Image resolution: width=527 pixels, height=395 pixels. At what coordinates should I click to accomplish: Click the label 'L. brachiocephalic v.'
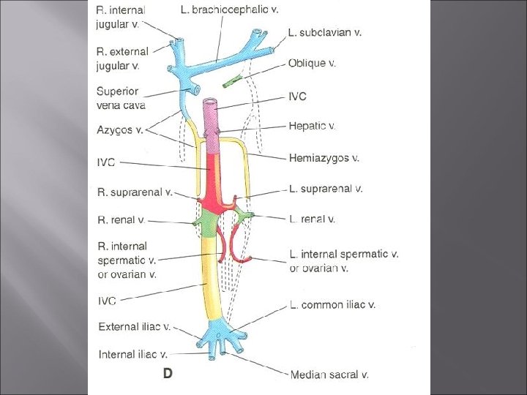[x=229, y=10]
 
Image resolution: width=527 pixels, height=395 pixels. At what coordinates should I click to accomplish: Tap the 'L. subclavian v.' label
[x=324, y=32]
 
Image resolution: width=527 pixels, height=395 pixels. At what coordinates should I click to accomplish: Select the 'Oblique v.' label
[x=312, y=63]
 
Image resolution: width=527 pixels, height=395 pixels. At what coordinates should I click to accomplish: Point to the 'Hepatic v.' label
[x=313, y=126]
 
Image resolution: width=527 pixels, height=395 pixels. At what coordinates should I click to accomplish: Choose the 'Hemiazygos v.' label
[x=324, y=157]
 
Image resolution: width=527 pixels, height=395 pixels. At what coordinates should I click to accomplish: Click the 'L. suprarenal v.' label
[x=326, y=189]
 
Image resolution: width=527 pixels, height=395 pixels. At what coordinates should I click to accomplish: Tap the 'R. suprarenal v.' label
[x=135, y=192]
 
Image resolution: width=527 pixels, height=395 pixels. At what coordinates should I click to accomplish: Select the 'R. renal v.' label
[x=122, y=219]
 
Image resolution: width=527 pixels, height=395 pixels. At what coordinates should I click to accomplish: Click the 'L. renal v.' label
[x=313, y=219]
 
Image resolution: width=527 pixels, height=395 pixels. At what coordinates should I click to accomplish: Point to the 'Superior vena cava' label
[x=121, y=98]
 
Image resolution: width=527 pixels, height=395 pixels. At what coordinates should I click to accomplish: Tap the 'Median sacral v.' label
[x=329, y=375]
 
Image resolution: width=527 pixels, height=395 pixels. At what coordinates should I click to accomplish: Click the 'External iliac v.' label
[x=135, y=327]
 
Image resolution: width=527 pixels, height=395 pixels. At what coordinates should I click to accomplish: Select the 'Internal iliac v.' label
[x=133, y=355]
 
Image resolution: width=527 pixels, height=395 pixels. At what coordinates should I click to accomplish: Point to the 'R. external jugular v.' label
[x=122, y=59]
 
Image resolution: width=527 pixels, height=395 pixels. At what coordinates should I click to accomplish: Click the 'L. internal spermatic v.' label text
[x=344, y=255]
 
